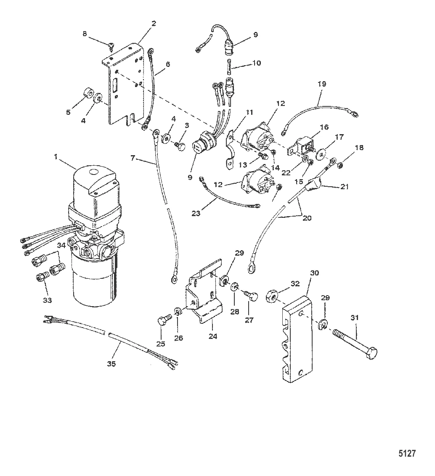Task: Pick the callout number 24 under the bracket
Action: pos(213,336)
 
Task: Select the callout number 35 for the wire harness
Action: pos(111,363)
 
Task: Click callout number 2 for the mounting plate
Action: pos(154,24)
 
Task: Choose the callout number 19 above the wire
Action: pos(321,84)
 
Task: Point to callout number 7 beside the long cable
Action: pos(133,158)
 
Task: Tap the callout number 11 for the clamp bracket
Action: pos(249,112)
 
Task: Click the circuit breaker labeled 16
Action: pos(302,147)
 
